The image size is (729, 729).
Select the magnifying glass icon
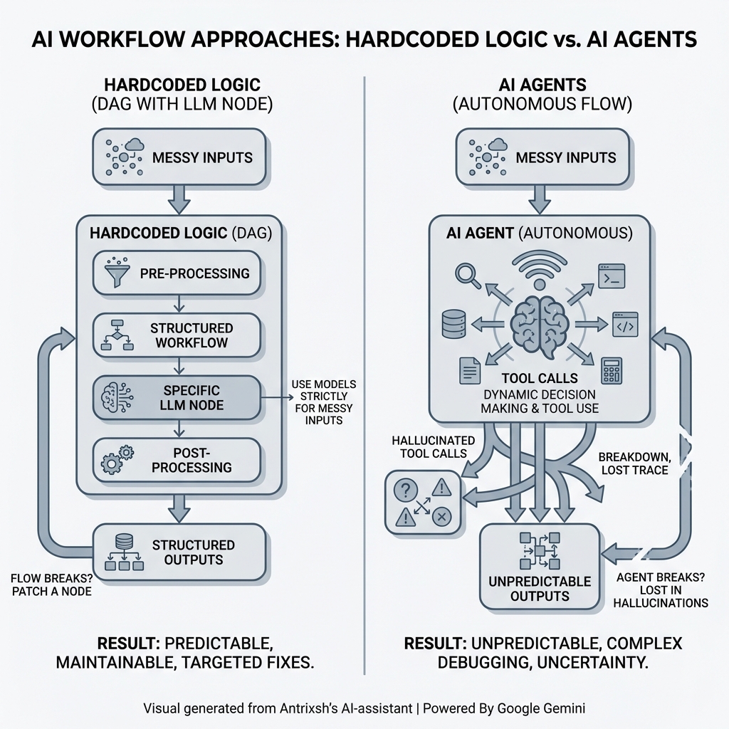point(466,274)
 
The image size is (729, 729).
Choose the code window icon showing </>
point(624,324)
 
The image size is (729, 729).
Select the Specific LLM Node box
point(177,399)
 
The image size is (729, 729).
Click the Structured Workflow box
point(177,335)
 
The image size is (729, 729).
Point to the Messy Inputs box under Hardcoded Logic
point(179,157)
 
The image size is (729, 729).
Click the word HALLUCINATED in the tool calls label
point(424,441)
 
